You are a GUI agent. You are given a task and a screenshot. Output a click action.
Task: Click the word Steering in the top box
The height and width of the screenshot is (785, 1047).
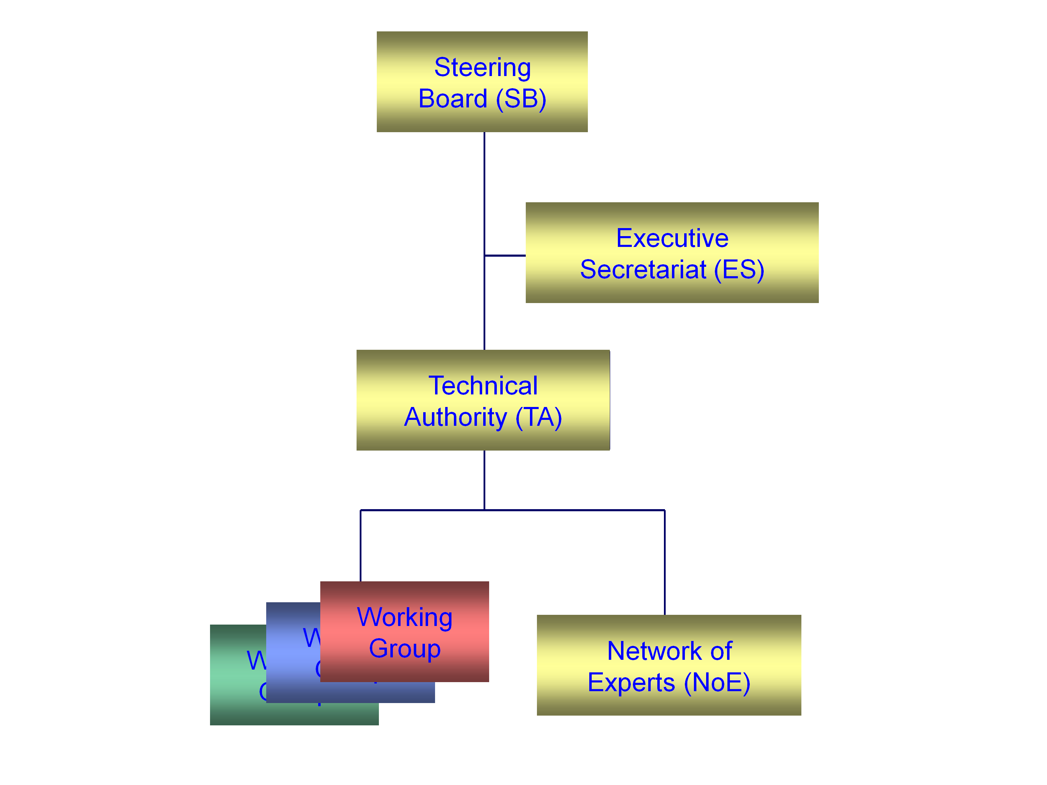[482, 67]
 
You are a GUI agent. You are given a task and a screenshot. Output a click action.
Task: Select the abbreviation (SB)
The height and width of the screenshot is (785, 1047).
[521, 99]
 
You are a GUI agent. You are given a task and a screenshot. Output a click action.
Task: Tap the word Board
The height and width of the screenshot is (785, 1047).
[453, 99]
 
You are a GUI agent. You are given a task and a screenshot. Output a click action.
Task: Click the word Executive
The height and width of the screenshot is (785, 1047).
[672, 238]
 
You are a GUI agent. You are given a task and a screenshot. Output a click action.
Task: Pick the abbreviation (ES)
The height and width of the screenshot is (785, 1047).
[739, 270]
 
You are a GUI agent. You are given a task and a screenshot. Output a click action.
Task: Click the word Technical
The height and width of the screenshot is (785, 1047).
[483, 386]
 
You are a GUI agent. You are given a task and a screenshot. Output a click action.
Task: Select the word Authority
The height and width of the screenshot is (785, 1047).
[455, 417]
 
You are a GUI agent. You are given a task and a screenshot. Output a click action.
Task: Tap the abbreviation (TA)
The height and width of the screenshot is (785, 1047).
[539, 417]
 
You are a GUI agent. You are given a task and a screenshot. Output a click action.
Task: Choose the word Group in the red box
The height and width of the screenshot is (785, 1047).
[405, 649]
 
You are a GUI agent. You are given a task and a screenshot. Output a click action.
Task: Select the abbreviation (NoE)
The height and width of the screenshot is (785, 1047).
[717, 682]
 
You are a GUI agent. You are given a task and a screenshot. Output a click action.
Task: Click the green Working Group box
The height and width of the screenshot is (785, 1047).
[237, 700]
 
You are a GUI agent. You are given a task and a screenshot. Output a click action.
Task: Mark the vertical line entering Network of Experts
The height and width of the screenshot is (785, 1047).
[665, 563]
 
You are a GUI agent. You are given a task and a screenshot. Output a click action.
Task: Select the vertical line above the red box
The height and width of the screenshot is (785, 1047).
[361, 546]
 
